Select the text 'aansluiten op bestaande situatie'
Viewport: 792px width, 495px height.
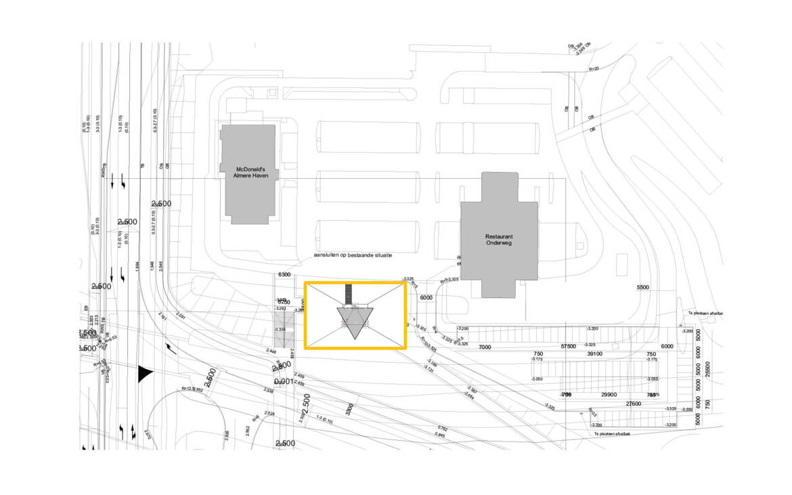tap(353, 255)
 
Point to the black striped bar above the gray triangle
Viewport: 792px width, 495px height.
tap(349, 293)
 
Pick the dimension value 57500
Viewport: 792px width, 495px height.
tap(567, 347)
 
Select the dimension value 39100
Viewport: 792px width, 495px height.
tap(594, 354)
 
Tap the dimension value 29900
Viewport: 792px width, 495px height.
tap(608, 395)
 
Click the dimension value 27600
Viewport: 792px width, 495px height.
tap(633, 404)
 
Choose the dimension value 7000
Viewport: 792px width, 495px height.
tap(484, 347)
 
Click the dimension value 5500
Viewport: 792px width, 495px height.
tap(642, 288)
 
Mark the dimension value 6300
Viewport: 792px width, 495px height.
tap(284, 275)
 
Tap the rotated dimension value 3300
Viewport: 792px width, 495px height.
tap(349, 410)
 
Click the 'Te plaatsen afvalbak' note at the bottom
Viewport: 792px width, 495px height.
tap(617, 433)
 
